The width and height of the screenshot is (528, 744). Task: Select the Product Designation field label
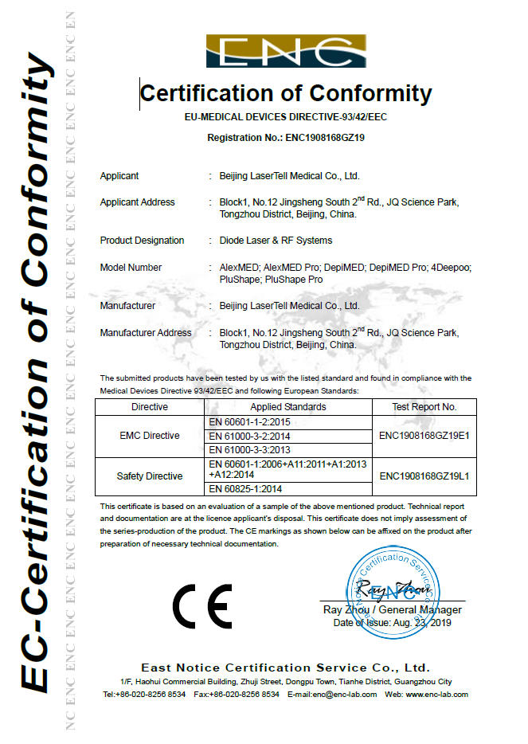click(142, 241)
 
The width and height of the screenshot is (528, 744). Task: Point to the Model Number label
click(131, 268)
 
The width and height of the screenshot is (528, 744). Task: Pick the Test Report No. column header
click(424, 406)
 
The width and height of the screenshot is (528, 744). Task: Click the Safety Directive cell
click(150, 476)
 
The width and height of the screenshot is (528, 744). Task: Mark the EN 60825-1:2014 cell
click(245, 488)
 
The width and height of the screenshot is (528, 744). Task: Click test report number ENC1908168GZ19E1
click(424, 436)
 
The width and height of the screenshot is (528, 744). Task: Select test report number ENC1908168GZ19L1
click(424, 476)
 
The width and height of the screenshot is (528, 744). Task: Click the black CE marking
click(202, 606)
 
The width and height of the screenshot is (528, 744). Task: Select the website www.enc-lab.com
click(436, 695)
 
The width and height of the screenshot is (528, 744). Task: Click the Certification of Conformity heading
click(286, 93)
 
